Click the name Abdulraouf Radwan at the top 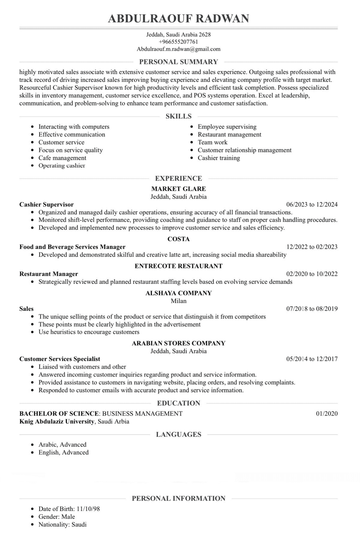click(x=178, y=19)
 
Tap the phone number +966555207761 click(x=178, y=42)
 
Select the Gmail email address click(x=178, y=49)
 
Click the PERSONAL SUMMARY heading click(x=178, y=62)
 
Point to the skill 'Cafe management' click(x=62, y=158)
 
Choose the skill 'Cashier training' click(x=219, y=158)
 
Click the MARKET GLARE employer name click(x=178, y=189)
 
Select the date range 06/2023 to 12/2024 click(x=312, y=205)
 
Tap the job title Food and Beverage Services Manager click(x=72, y=247)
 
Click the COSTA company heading click(x=178, y=239)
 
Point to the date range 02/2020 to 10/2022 click(x=312, y=274)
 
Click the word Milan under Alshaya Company click(x=178, y=301)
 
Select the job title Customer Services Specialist click(x=60, y=359)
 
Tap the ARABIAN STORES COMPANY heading click(x=178, y=343)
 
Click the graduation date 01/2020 click(x=327, y=414)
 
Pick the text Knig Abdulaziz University click(x=57, y=421)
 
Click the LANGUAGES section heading click(x=178, y=435)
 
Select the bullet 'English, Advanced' click(x=63, y=452)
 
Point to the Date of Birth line click(x=69, y=509)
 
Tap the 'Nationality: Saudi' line click(x=62, y=524)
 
